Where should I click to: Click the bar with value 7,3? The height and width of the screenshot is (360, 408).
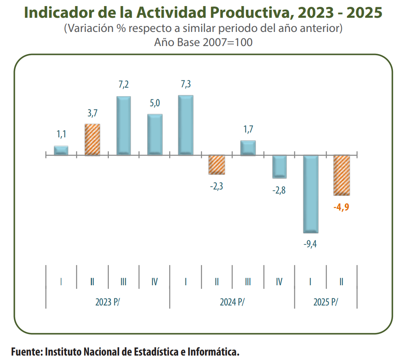tap(186, 125)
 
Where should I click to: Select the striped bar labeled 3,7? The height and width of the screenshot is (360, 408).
tap(92, 139)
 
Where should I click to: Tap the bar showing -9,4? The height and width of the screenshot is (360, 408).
tap(311, 194)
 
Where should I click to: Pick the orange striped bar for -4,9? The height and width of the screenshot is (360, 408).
tap(342, 175)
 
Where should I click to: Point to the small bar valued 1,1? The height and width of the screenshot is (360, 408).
tap(61, 150)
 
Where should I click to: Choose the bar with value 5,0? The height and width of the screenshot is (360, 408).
tap(154, 134)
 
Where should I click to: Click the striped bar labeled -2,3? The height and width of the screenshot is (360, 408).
tap(217, 164)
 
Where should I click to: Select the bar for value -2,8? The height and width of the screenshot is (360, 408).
tap(279, 166)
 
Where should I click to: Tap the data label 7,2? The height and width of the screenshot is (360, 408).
tap(123, 85)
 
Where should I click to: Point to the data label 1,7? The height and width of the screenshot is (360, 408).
tap(248, 129)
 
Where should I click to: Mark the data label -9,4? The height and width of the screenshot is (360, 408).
tap(310, 244)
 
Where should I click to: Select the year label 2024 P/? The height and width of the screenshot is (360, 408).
tap(232, 302)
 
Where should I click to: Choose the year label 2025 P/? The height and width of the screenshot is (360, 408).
tap(326, 302)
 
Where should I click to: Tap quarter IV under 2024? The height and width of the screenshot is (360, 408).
tap(279, 282)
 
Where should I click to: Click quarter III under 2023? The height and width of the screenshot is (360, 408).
tap(123, 282)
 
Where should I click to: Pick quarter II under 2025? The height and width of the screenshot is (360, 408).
tap(341, 282)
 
